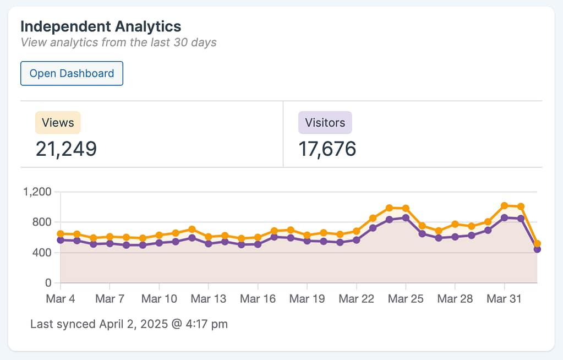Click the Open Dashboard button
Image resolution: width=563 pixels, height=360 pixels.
coord(72,74)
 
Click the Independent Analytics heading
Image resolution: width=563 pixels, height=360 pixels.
coord(101,26)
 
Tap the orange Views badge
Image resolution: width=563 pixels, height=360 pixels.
coord(58,123)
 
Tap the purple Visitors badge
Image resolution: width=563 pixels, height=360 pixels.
coord(325,123)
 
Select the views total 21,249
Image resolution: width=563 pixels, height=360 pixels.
coord(66,149)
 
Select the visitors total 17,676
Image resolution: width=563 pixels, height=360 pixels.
coord(327,149)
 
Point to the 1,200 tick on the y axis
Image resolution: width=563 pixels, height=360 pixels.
coord(37,192)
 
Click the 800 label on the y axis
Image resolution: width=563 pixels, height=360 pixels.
coord(41,222)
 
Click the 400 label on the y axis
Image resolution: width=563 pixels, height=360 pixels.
coord(41,253)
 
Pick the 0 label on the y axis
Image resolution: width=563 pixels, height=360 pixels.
coord(48,283)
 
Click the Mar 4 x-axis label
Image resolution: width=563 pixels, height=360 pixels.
coord(60,299)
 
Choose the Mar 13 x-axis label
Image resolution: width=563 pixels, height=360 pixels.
coord(208,299)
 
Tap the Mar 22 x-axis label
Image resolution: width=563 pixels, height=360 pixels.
coord(356,299)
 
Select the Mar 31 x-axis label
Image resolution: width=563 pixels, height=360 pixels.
coord(504,299)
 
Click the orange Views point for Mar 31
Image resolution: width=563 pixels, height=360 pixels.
coord(504,206)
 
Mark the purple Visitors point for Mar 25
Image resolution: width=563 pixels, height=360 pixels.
coord(406,218)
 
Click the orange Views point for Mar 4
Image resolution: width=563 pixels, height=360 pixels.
coord(61,234)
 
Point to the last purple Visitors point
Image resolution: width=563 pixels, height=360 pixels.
coord(537,249)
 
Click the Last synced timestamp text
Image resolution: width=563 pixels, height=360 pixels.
coord(129,324)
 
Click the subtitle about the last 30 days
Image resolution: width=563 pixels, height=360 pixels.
coord(118,42)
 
